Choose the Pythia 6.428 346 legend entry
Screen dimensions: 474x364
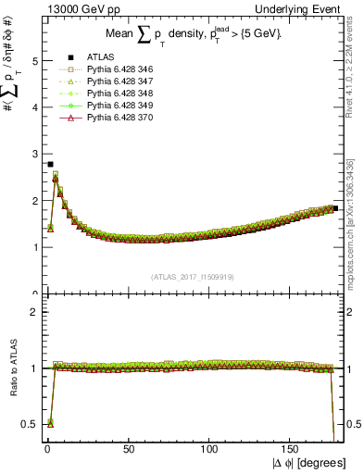coord(106,69)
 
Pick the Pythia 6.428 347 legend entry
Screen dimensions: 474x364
coord(106,81)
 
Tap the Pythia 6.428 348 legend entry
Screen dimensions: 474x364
coord(106,94)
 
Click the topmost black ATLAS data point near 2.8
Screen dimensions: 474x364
coord(50,164)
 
